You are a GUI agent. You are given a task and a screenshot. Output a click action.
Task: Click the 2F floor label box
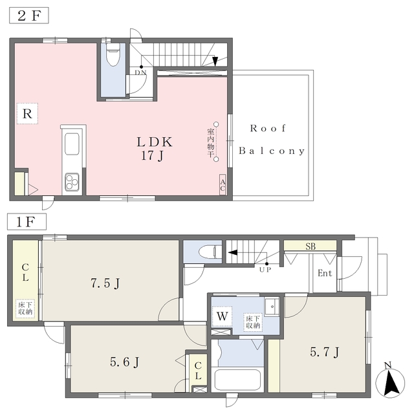(29, 16)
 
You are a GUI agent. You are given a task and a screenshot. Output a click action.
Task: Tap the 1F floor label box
(27, 221)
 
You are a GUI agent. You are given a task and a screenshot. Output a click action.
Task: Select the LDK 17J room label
(155, 149)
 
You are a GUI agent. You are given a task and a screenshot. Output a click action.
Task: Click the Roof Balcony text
(272, 140)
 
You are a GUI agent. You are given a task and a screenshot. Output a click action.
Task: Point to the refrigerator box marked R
(27, 114)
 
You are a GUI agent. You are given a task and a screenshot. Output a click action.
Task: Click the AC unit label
(223, 185)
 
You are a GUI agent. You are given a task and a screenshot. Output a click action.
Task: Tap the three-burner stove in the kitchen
(72, 182)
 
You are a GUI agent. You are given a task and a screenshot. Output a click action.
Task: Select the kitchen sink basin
(72, 144)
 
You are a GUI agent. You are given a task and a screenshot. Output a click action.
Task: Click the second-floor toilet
(113, 54)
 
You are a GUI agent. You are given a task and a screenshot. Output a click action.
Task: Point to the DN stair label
(140, 72)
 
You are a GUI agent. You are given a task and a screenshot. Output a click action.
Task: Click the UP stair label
(265, 270)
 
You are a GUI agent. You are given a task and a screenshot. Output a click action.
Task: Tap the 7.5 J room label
(105, 283)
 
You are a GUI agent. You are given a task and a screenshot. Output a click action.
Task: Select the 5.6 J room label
(124, 362)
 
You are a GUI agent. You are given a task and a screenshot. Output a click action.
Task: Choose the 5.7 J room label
(325, 352)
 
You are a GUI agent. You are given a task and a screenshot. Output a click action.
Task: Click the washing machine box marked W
(222, 316)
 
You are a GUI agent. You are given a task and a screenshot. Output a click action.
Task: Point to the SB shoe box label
(310, 246)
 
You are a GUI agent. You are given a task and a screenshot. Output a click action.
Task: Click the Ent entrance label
(325, 273)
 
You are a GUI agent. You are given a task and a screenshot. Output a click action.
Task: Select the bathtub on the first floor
(237, 380)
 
